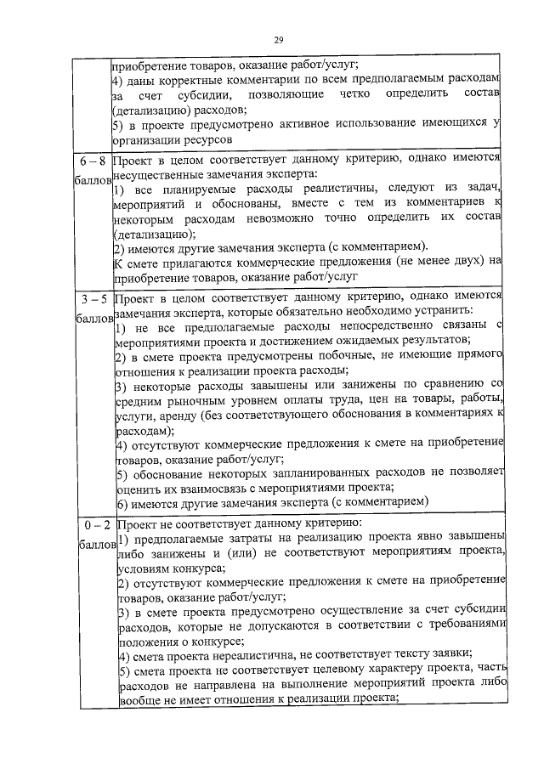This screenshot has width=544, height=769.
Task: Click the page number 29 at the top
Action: point(278,39)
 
